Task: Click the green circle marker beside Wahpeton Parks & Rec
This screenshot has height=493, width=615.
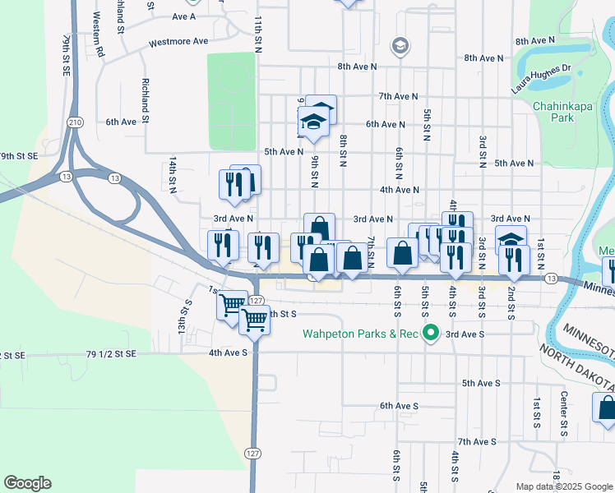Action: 429,333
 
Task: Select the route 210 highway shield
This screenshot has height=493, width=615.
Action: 76,122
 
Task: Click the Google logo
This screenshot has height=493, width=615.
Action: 27,483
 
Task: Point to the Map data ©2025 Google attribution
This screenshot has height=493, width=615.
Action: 563,486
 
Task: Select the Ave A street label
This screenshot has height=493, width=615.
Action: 184,16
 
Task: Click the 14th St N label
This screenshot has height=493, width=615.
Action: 173,177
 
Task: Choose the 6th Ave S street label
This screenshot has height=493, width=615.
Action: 399,406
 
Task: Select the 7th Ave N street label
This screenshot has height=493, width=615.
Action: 400,96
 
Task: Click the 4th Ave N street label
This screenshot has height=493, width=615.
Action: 400,190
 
